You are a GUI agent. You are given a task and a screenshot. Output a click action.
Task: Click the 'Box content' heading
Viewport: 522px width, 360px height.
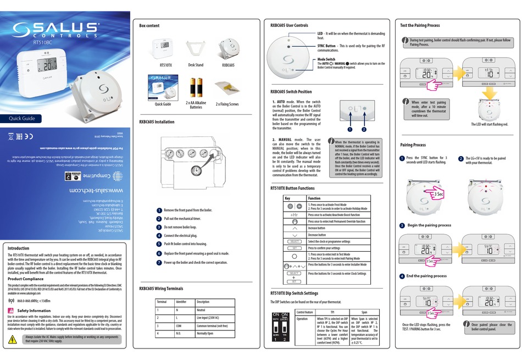[x=149, y=26]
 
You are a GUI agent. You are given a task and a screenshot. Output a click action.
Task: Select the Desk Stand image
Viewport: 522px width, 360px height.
[x=196, y=48]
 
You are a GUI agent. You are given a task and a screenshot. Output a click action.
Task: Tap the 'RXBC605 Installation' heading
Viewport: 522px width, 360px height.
[x=157, y=122]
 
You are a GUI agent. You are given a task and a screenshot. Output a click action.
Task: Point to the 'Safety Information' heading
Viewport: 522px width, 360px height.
[x=34, y=311]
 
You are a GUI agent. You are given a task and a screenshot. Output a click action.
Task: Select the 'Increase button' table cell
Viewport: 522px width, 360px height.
[x=321, y=227]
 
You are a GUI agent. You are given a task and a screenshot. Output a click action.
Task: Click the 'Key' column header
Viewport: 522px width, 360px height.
[x=287, y=198]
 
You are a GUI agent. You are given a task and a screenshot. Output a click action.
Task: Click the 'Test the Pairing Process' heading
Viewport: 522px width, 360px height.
[x=420, y=26]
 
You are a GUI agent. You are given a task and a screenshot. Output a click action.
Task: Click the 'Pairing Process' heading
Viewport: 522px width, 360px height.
[x=413, y=145]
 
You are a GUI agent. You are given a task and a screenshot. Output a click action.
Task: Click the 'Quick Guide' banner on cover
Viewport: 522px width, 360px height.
[x=22, y=118]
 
